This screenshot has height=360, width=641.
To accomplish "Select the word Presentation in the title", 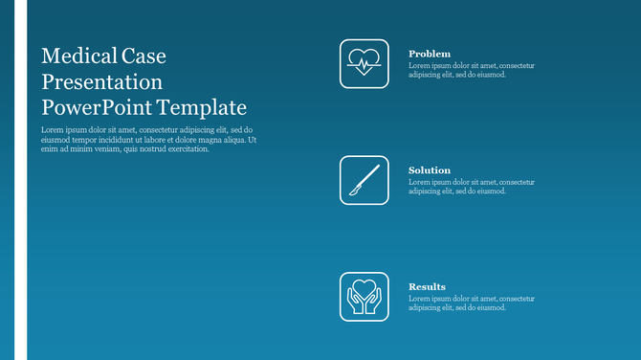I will tap(102, 81).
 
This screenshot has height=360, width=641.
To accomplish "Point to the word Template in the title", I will tap(203, 107).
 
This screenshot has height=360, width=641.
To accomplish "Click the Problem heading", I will tap(429, 54).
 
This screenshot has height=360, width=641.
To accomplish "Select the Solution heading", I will tap(429, 170).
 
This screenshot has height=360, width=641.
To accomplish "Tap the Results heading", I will tap(427, 286).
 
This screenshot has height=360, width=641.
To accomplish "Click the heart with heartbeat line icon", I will tap(364, 63).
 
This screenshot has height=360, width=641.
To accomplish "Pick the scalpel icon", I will tap(364, 180).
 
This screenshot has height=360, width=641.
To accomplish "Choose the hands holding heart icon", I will tap(364, 297).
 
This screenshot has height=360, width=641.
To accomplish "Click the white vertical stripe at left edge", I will tap(20, 180).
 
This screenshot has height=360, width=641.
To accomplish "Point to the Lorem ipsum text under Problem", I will tap(471, 70).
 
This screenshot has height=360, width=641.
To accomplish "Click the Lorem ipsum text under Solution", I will tap(471, 187).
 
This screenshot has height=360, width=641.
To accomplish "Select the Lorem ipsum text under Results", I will tap(471, 303).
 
